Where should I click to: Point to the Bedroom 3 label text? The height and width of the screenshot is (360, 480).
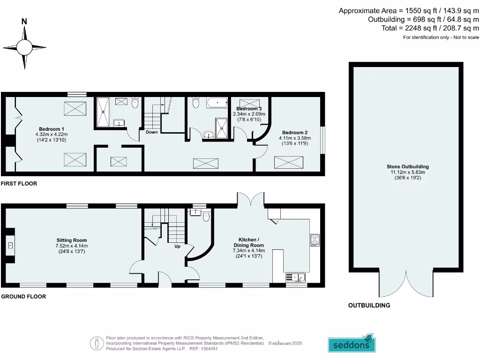(249, 109)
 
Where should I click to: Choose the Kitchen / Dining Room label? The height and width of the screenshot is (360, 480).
(249, 246)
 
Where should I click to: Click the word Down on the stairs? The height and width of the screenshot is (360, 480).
(151, 132)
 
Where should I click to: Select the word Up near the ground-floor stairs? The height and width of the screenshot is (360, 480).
(177, 246)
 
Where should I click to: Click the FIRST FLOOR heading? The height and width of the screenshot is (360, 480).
(19, 184)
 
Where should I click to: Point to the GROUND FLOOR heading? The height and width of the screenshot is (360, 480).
(23, 297)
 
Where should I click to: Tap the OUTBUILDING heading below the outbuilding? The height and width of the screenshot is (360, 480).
(369, 306)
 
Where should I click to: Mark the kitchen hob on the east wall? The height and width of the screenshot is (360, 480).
(315, 240)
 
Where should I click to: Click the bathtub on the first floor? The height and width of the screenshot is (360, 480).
(217, 102)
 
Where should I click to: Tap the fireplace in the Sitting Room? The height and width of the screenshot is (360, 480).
(10, 245)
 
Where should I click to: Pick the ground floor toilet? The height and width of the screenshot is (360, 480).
(205, 216)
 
